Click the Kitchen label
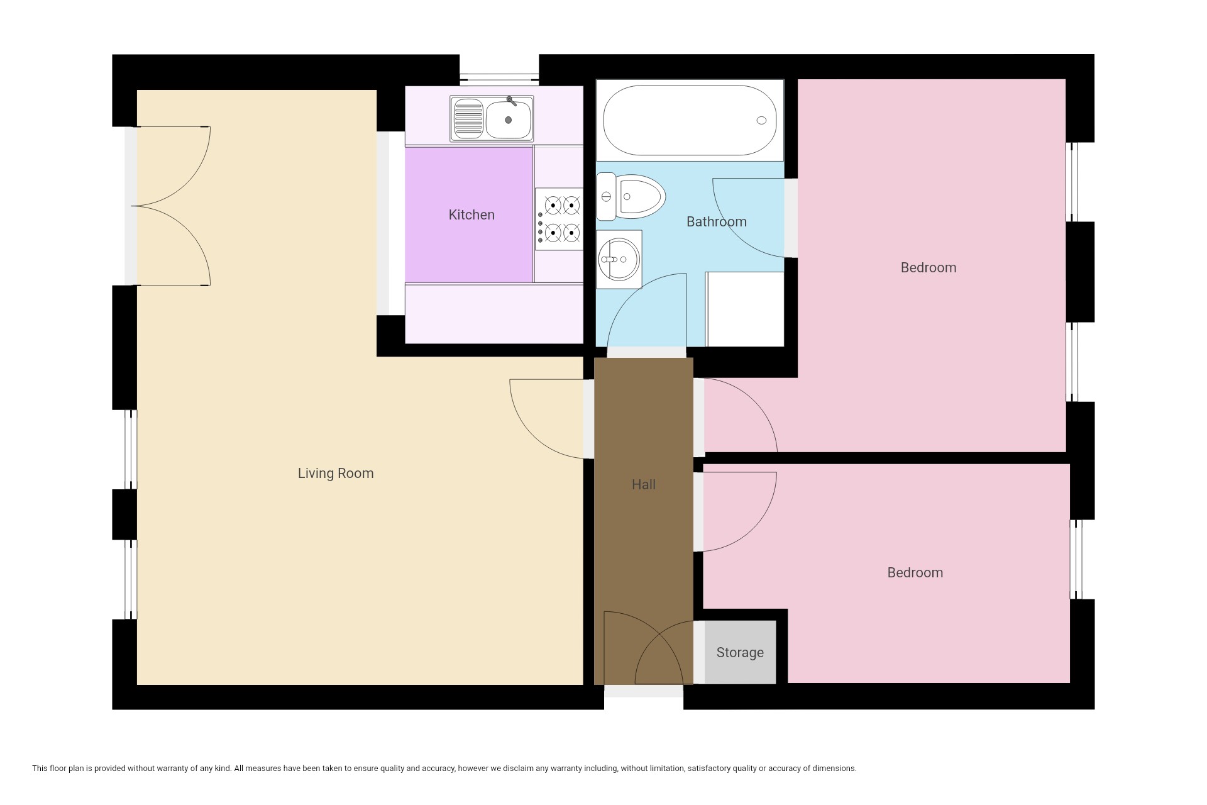pos(471,215)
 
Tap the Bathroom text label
pos(717,222)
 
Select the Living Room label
pos(336,474)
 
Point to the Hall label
pos(644,485)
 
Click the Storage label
pos(740,653)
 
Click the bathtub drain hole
pos(761,120)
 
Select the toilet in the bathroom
pos(631,197)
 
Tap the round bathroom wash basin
pos(619,259)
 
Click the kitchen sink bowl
pos(509,119)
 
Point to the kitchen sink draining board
pos(468,119)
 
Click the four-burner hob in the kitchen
pos(559,219)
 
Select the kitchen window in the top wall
pos(499,79)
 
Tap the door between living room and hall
pos(547,419)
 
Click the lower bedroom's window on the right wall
pos(1076,559)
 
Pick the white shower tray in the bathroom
pos(745,309)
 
